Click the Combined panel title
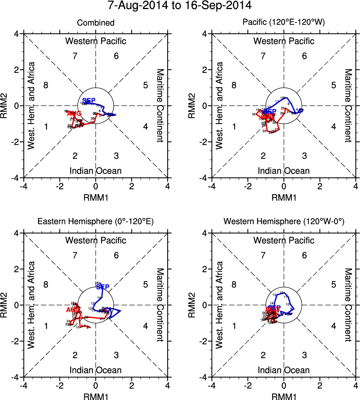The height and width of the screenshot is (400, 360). tap(96, 23)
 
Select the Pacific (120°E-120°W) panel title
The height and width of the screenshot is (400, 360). tap(284, 23)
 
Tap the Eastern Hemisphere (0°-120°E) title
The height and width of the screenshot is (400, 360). tap(96, 222)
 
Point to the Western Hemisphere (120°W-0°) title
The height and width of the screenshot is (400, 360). tap(284, 222)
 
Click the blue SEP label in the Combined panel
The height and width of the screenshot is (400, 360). tap(89, 101)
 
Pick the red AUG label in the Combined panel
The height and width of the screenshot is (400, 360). tap(74, 113)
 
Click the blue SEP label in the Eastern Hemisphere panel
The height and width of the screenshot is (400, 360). tap(102, 287)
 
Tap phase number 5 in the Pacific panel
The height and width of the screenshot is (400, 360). tap(333, 85)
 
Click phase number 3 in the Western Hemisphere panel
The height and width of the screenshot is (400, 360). tap(304, 355)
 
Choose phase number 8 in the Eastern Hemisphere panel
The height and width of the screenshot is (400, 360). tap(46, 285)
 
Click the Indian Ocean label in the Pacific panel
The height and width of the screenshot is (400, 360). tap(284, 171)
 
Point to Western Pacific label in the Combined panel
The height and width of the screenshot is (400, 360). tap(96, 41)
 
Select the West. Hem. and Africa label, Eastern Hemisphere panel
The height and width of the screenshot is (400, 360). tap(32, 305)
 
